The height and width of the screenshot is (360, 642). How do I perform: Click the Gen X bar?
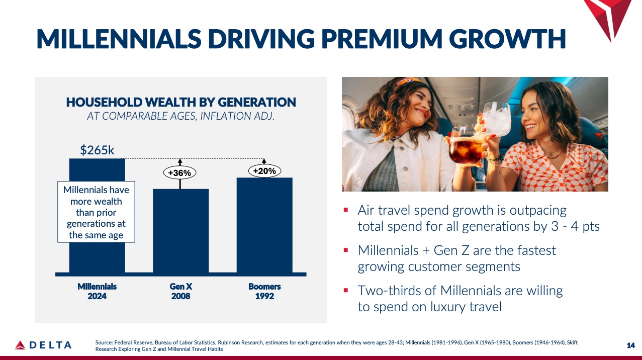pos(180,231)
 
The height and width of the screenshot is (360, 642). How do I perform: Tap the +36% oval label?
pos(179,173)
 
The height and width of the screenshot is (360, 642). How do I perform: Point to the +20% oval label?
pos(264,171)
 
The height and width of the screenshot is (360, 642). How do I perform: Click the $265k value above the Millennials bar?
pos(97,150)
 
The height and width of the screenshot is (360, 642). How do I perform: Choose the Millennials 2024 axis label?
pos(97,291)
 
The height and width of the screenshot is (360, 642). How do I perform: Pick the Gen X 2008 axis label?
pos(180,291)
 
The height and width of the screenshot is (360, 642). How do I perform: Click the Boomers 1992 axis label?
pos(264,291)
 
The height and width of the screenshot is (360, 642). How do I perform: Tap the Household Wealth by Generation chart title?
pos(181,103)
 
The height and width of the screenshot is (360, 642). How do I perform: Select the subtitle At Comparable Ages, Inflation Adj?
pos(181,117)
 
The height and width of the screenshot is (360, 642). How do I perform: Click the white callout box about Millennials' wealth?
pos(96,212)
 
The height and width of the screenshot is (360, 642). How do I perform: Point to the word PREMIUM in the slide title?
pos(386,39)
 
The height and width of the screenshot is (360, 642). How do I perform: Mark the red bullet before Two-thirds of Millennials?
pos(346,290)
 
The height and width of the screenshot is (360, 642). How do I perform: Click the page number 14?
pos(631,345)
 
